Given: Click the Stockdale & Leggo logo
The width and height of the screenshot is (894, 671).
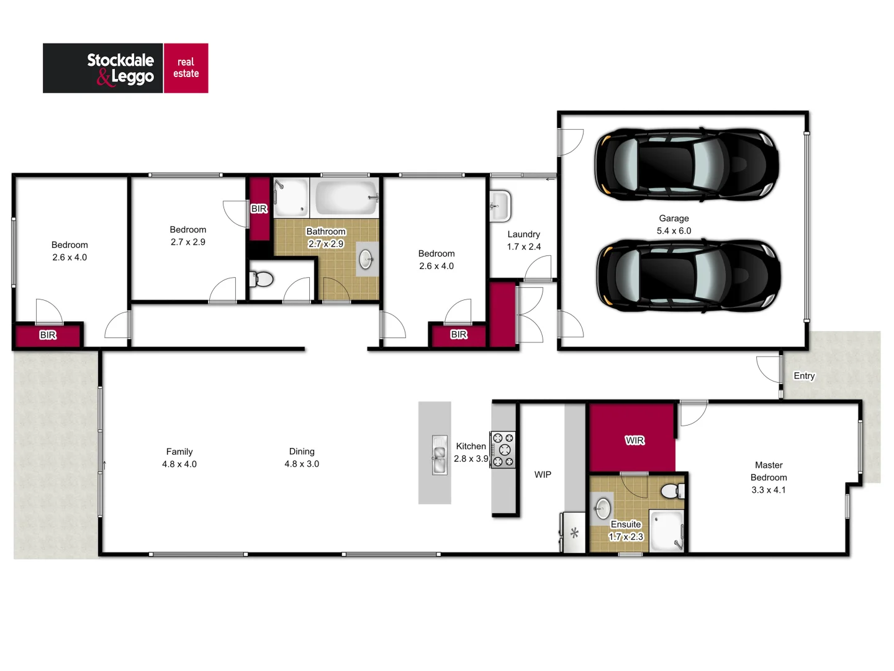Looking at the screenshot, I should click(x=125, y=68).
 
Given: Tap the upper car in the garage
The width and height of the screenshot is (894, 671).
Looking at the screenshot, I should click(x=686, y=165).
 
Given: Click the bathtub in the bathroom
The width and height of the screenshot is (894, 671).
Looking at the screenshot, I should click(x=346, y=198).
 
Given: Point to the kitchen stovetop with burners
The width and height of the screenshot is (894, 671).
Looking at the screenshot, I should click(x=503, y=449).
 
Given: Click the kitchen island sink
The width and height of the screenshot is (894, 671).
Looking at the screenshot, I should click(x=439, y=455).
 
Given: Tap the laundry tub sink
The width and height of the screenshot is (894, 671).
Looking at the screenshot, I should click(x=500, y=206).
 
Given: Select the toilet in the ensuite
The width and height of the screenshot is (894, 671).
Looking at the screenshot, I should click(x=672, y=491).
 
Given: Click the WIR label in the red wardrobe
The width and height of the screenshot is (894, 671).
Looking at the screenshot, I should click(x=634, y=440).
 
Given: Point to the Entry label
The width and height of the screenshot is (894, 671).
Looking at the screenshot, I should click(x=804, y=376).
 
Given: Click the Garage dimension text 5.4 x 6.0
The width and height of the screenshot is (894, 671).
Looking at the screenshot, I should click(x=674, y=231).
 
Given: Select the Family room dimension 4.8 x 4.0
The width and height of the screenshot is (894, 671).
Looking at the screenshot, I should click(x=179, y=464).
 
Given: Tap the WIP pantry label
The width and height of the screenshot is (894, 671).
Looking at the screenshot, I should click(x=543, y=475).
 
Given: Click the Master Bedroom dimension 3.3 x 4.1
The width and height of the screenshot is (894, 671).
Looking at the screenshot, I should click(x=769, y=490).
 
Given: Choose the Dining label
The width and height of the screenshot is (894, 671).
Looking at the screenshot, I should click(x=302, y=452).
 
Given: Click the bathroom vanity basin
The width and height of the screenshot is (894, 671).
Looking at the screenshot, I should click(x=366, y=259).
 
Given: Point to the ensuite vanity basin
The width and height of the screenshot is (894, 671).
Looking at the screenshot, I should click(x=603, y=508).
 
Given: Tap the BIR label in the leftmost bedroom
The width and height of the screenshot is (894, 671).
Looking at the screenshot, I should click(x=48, y=335).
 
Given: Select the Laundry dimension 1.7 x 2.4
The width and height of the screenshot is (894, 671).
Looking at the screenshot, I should click(x=523, y=247).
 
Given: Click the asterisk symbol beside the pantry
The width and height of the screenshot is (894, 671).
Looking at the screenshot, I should click(x=574, y=532).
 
